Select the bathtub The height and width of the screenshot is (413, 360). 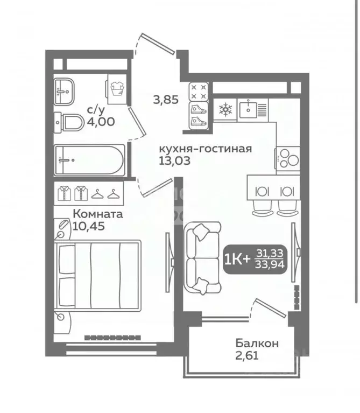[90, 160]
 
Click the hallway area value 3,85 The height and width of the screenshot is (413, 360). [165, 99]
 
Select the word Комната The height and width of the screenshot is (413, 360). [97, 214]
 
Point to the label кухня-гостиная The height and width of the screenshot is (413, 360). [205, 149]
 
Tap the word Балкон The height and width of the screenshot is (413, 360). [256, 342]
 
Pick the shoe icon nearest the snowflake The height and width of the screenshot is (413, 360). [199, 109]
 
